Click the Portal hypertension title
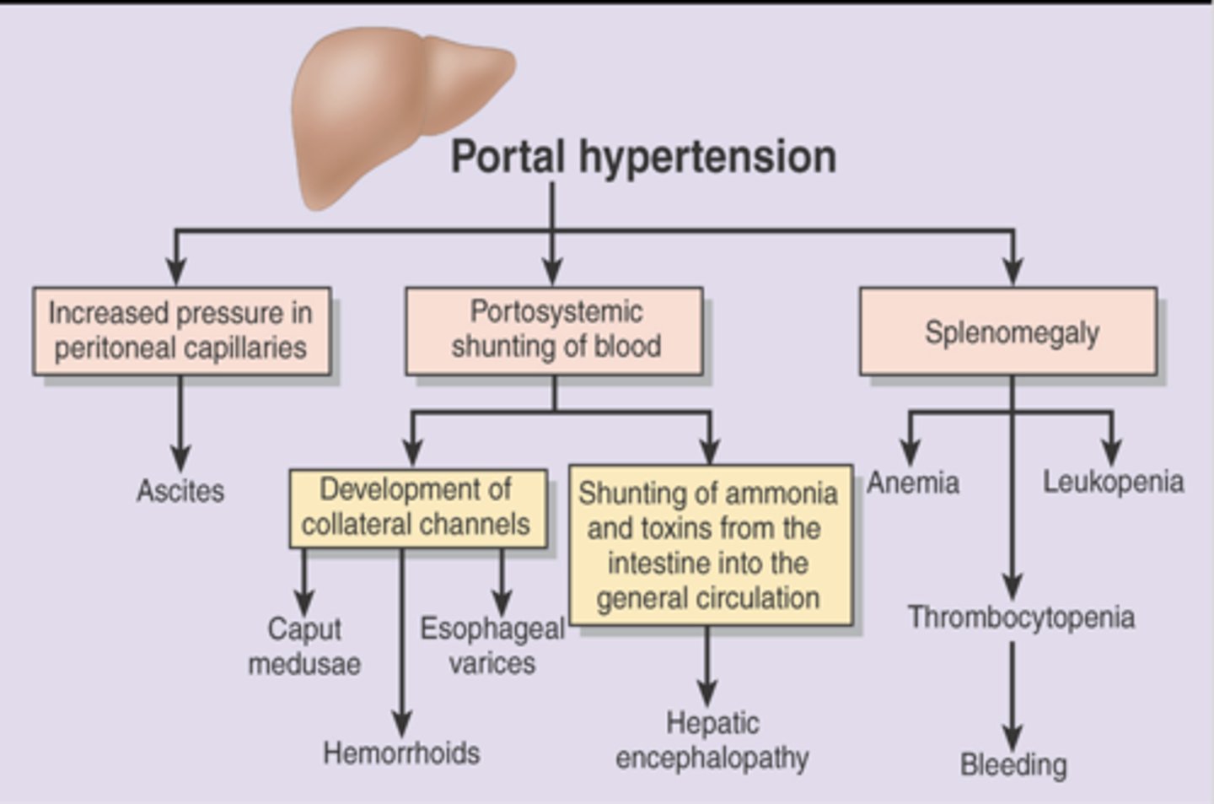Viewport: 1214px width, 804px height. point(643,157)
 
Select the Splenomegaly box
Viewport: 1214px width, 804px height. point(1008,332)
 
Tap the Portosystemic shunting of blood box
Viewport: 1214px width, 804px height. point(554,331)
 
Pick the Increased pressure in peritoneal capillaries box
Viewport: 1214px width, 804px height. point(181,331)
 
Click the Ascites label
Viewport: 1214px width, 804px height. point(180,490)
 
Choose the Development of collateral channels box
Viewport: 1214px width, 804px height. point(417,506)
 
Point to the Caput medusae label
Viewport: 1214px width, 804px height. point(304,646)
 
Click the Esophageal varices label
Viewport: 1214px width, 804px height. point(492,645)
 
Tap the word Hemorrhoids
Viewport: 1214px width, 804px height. point(401,753)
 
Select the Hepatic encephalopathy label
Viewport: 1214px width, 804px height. point(712,740)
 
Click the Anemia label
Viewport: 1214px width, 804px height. point(914,483)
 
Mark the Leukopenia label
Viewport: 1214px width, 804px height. point(1113,482)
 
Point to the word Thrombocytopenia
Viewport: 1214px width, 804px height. point(1021,617)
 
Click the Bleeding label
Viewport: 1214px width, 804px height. point(1013,764)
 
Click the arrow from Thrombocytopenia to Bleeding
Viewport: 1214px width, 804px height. point(1013,696)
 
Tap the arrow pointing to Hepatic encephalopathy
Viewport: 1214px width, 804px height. point(707,666)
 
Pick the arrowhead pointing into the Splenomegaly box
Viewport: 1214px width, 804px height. point(1013,272)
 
